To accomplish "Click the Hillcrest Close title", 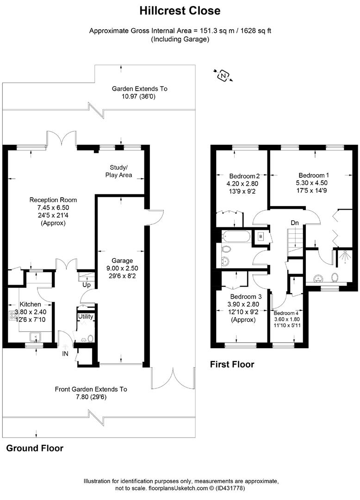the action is click(x=180, y=11).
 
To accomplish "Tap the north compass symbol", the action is click(x=223, y=75).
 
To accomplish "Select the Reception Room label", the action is click(x=53, y=200).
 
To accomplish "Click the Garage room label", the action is click(x=122, y=261).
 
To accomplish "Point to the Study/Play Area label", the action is click(x=118, y=171).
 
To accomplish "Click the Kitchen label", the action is click(x=30, y=304).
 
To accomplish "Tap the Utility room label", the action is click(x=86, y=316).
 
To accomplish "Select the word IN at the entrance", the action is click(x=65, y=354).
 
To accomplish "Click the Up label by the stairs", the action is click(x=87, y=285).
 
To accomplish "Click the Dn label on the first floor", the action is click(x=295, y=223).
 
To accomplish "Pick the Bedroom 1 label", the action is click(x=313, y=175).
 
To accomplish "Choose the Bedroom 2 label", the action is click(x=244, y=176).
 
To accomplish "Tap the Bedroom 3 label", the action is click(x=246, y=297).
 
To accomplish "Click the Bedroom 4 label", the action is click(x=286, y=313).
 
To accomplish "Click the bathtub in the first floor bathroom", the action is click(x=236, y=237).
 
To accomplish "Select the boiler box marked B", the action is click(x=261, y=237).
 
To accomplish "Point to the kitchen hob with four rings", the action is click(x=13, y=315).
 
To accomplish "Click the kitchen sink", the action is click(x=35, y=337).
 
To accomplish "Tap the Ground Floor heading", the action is click(x=35, y=448).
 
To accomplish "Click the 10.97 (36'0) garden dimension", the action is click(x=138, y=96).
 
